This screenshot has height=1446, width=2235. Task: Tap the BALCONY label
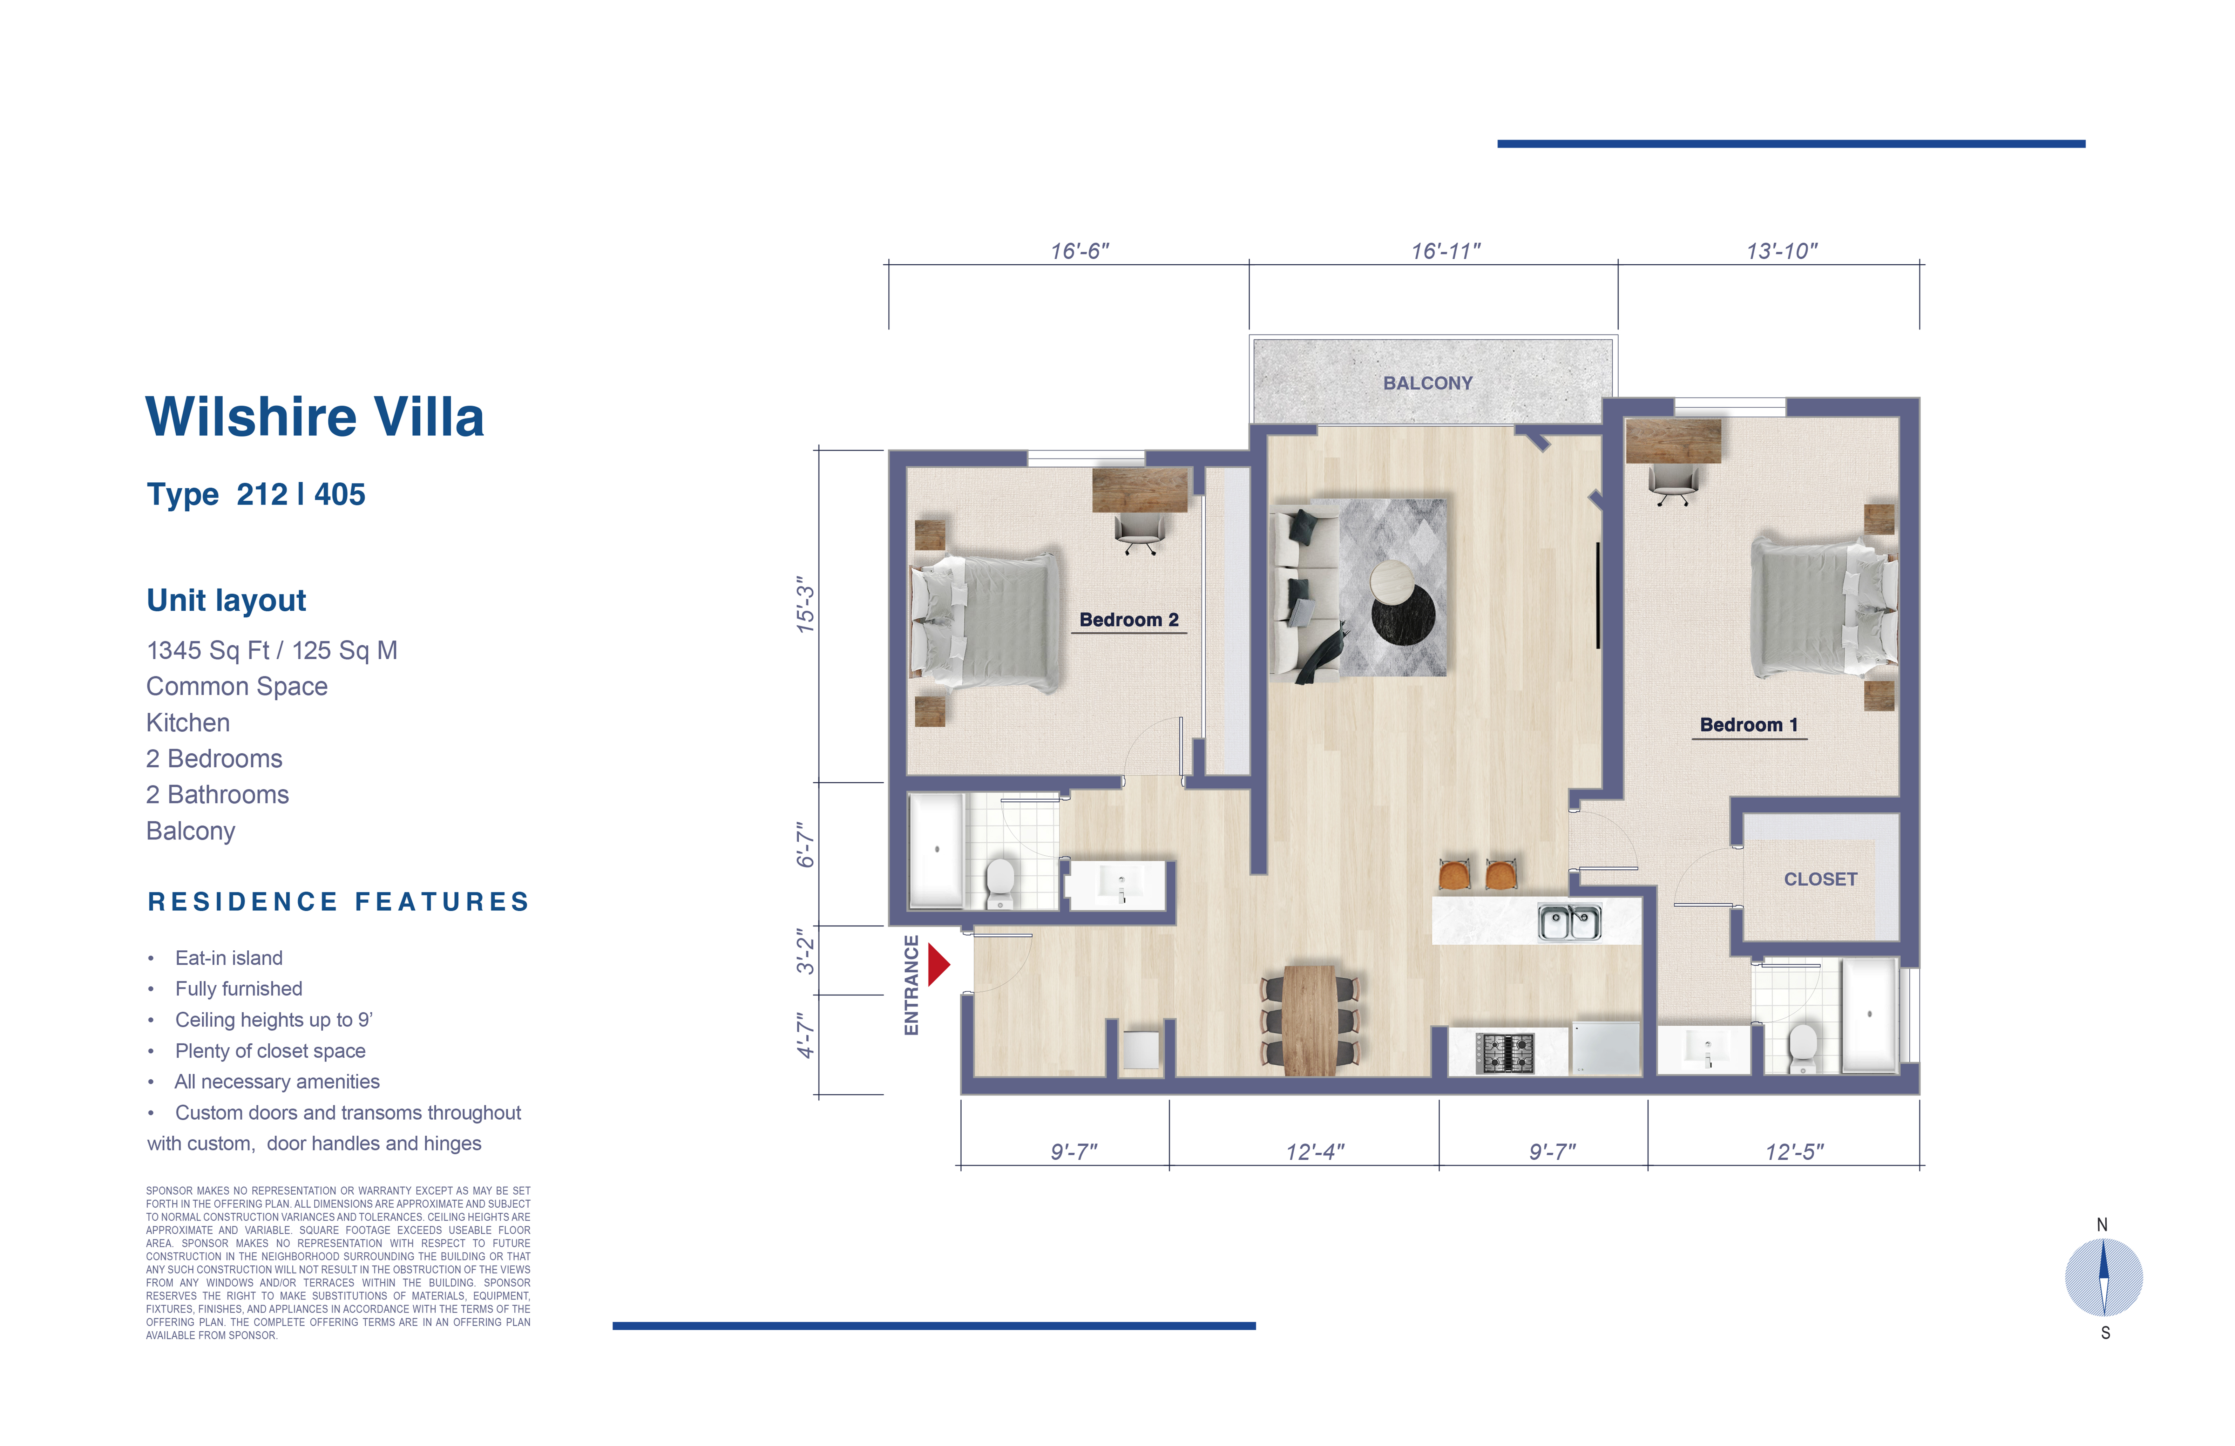[1427, 383]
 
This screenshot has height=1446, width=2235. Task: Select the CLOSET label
[1820, 879]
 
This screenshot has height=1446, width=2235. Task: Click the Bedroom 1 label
[1749, 725]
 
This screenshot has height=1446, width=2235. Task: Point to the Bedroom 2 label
[1129, 620]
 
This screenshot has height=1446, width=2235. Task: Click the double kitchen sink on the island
[1569, 922]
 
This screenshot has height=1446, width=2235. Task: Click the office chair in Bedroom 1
[1673, 483]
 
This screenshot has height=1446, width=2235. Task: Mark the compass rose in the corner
[2104, 1277]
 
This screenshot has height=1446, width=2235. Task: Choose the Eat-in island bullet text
[228, 958]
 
